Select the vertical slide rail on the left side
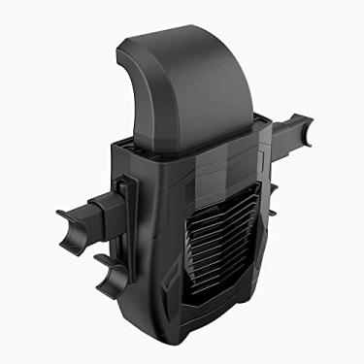pyautogui.click(x=124, y=209)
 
